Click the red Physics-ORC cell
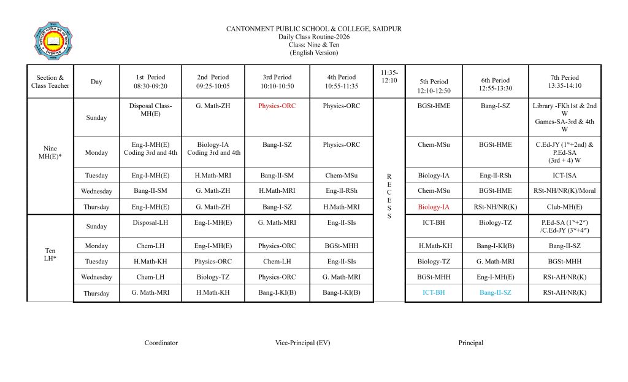point(277,106)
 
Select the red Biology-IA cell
point(434,207)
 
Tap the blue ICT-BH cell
point(434,292)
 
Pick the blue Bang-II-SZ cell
point(495,292)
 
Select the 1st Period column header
point(150,82)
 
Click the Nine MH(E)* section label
point(50,152)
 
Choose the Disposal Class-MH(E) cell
point(150,110)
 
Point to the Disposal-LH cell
point(150,222)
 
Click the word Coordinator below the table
point(161,343)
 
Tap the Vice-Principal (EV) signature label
point(302,343)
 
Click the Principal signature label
point(470,343)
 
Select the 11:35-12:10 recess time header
point(389,77)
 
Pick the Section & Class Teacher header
point(50,82)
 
